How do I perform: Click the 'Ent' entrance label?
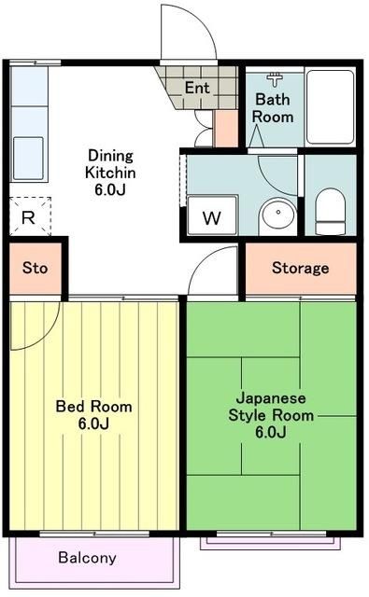[x=196, y=88]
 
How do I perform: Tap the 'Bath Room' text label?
[x=274, y=107]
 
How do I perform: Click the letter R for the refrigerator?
[x=28, y=217]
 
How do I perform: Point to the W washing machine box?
[x=212, y=219]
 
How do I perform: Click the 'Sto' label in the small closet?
[x=35, y=269]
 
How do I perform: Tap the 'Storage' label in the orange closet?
[x=300, y=269]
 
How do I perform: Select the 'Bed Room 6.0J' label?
[x=93, y=415]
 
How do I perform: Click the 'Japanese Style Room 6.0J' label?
[x=270, y=415]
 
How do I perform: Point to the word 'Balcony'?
[x=87, y=558]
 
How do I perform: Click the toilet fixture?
[x=330, y=211]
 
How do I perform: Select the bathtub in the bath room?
[x=330, y=105]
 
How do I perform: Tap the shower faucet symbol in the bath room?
[x=276, y=78]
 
